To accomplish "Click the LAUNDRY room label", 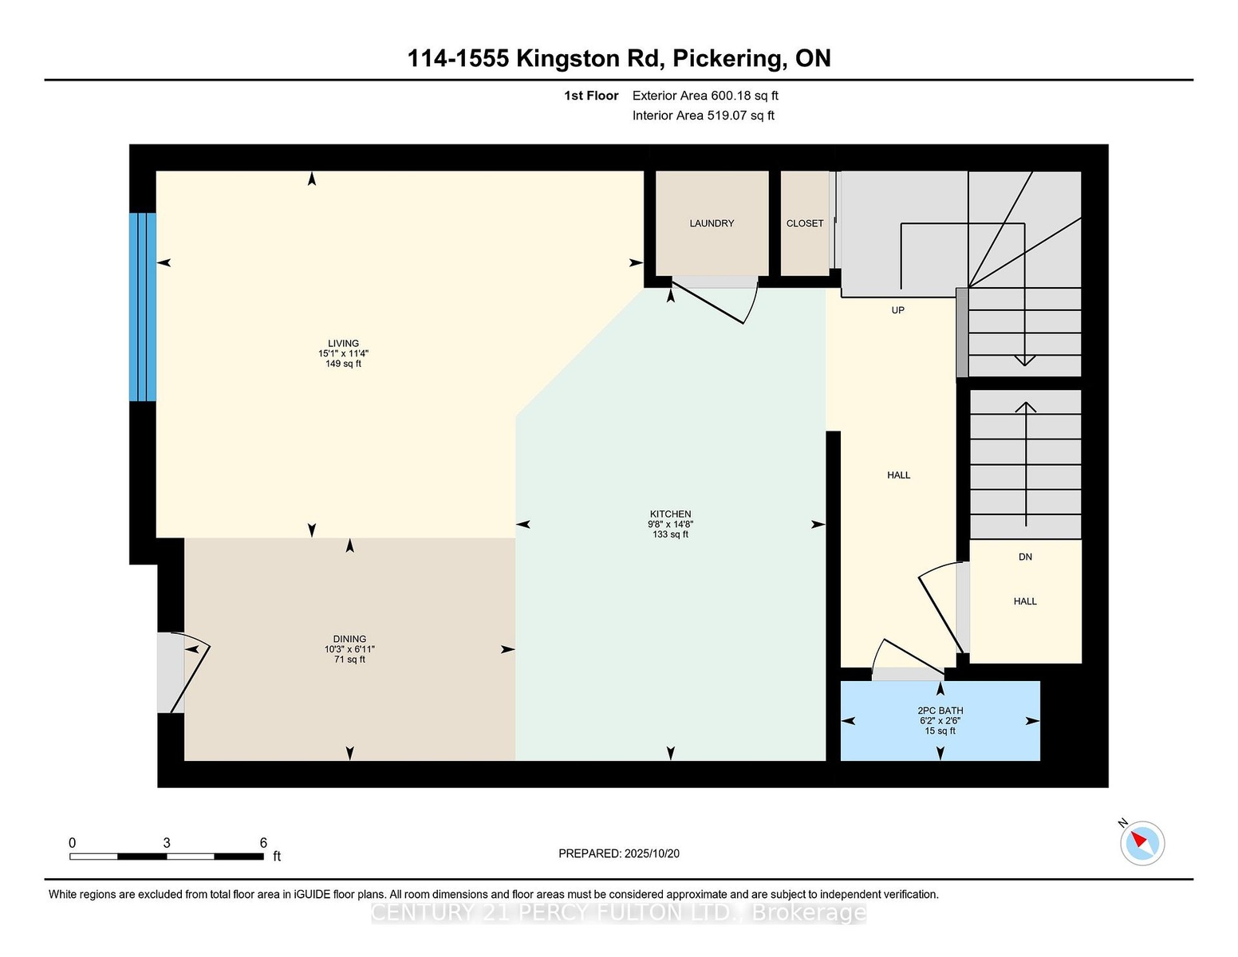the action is (x=712, y=223).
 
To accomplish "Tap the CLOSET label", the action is (x=804, y=223).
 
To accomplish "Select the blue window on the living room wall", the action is (x=143, y=307).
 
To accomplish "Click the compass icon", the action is (x=1141, y=843).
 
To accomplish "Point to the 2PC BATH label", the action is (x=940, y=711).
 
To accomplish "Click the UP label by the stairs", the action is (x=898, y=310).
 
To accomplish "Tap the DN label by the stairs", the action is (x=1025, y=557).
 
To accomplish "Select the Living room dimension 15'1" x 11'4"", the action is (x=343, y=353).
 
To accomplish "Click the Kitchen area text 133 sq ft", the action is (x=671, y=534).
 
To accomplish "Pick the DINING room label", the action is (x=350, y=639).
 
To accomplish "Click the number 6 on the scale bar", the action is (x=263, y=843).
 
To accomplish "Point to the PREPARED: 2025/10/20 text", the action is (x=619, y=853).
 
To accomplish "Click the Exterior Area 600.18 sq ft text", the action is (x=705, y=96).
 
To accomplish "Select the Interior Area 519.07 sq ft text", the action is (x=704, y=116).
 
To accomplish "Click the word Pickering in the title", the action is (x=727, y=59).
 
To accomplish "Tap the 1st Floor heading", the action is (x=591, y=96).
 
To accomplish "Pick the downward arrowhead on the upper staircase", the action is (x=1024, y=361).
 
